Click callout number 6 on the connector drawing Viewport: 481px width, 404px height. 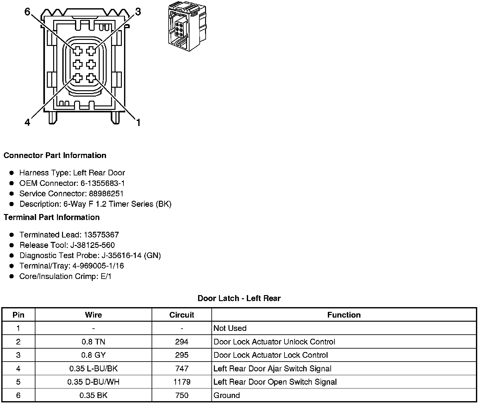point(28,12)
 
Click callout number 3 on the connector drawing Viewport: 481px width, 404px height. point(138,12)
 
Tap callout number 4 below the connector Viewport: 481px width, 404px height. point(28,122)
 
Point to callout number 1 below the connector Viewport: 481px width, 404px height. point(138,122)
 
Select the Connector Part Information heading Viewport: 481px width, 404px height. point(55,155)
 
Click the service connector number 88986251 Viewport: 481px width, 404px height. point(106,193)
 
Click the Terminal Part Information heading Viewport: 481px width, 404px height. point(52,217)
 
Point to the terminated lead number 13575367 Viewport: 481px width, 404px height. point(101,235)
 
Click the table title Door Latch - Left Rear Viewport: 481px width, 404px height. point(239,298)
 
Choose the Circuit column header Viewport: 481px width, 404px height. point(182,315)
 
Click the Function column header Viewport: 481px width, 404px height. point(344,315)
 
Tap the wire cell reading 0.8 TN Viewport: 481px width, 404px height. point(93,342)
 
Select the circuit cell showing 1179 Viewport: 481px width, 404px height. point(182,382)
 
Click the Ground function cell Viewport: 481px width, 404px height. point(227,395)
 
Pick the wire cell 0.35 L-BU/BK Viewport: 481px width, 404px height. point(93,369)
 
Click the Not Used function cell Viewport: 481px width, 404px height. point(230,328)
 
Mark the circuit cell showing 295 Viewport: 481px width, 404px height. point(182,355)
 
